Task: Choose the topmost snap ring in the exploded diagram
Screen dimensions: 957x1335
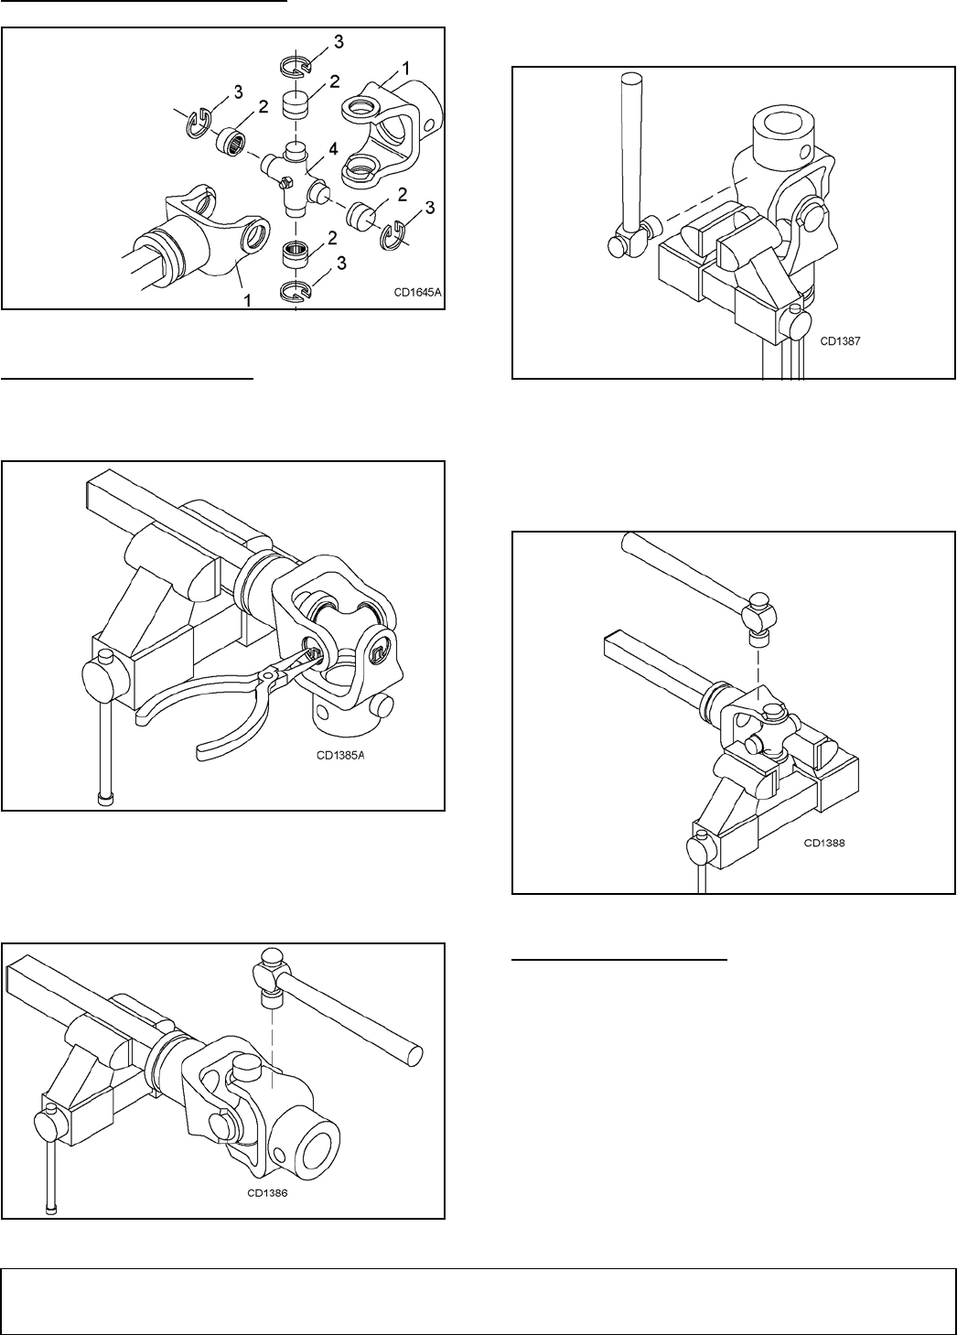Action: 295,67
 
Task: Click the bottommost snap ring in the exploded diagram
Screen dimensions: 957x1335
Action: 296,292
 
